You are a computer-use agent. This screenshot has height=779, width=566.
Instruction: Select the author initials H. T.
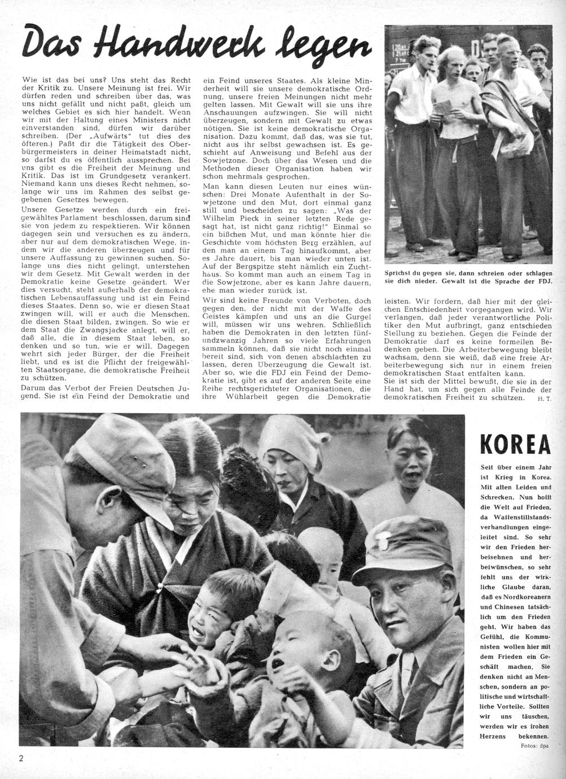pyautogui.click(x=539, y=399)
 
